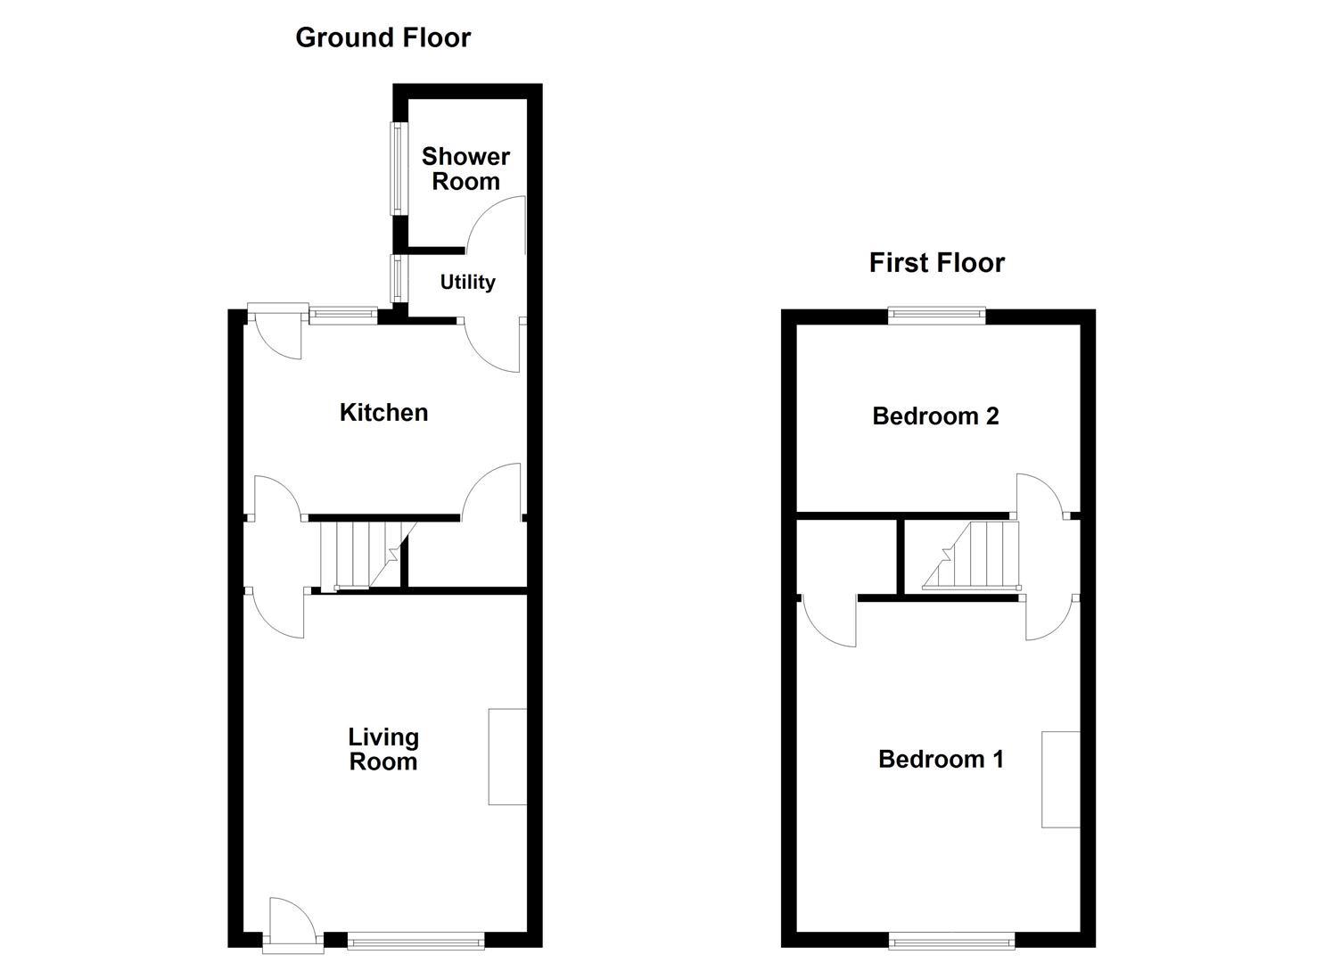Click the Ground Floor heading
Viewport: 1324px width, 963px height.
(x=382, y=37)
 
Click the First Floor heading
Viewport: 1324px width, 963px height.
(x=936, y=262)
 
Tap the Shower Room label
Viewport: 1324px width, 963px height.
(x=465, y=169)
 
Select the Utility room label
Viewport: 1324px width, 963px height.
(x=467, y=282)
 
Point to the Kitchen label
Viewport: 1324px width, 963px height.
(x=383, y=412)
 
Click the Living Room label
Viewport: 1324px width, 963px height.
(x=382, y=749)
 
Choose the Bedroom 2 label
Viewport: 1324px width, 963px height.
(x=935, y=416)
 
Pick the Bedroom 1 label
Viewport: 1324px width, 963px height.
(x=941, y=759)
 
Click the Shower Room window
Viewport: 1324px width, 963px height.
(x=395, y=168)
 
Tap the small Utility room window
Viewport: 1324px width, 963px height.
(x=395, y=278)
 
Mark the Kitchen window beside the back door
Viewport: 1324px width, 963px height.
(x=342, y=313)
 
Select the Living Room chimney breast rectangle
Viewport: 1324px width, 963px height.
(x=506, y=757)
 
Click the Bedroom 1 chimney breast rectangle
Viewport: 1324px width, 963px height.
(x=1060, y=779)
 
